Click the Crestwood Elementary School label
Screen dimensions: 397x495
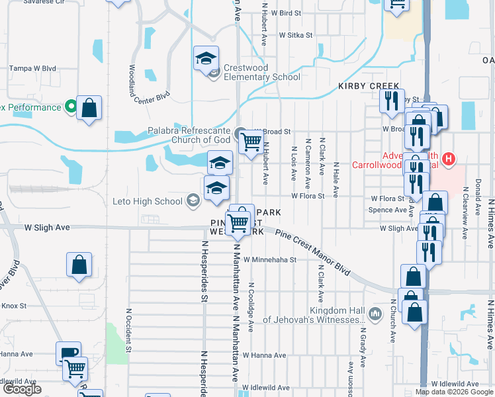[262, 72]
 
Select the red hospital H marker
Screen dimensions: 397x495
[449, 159]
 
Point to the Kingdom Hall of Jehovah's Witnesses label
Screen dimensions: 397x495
[314, 316]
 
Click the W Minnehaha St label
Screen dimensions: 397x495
[269, 260]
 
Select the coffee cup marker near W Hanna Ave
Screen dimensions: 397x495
[68, 354]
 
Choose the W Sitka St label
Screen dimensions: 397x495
[295, 34]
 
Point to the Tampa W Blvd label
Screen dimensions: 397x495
[32, 68]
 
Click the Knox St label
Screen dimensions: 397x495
[13, 306]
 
